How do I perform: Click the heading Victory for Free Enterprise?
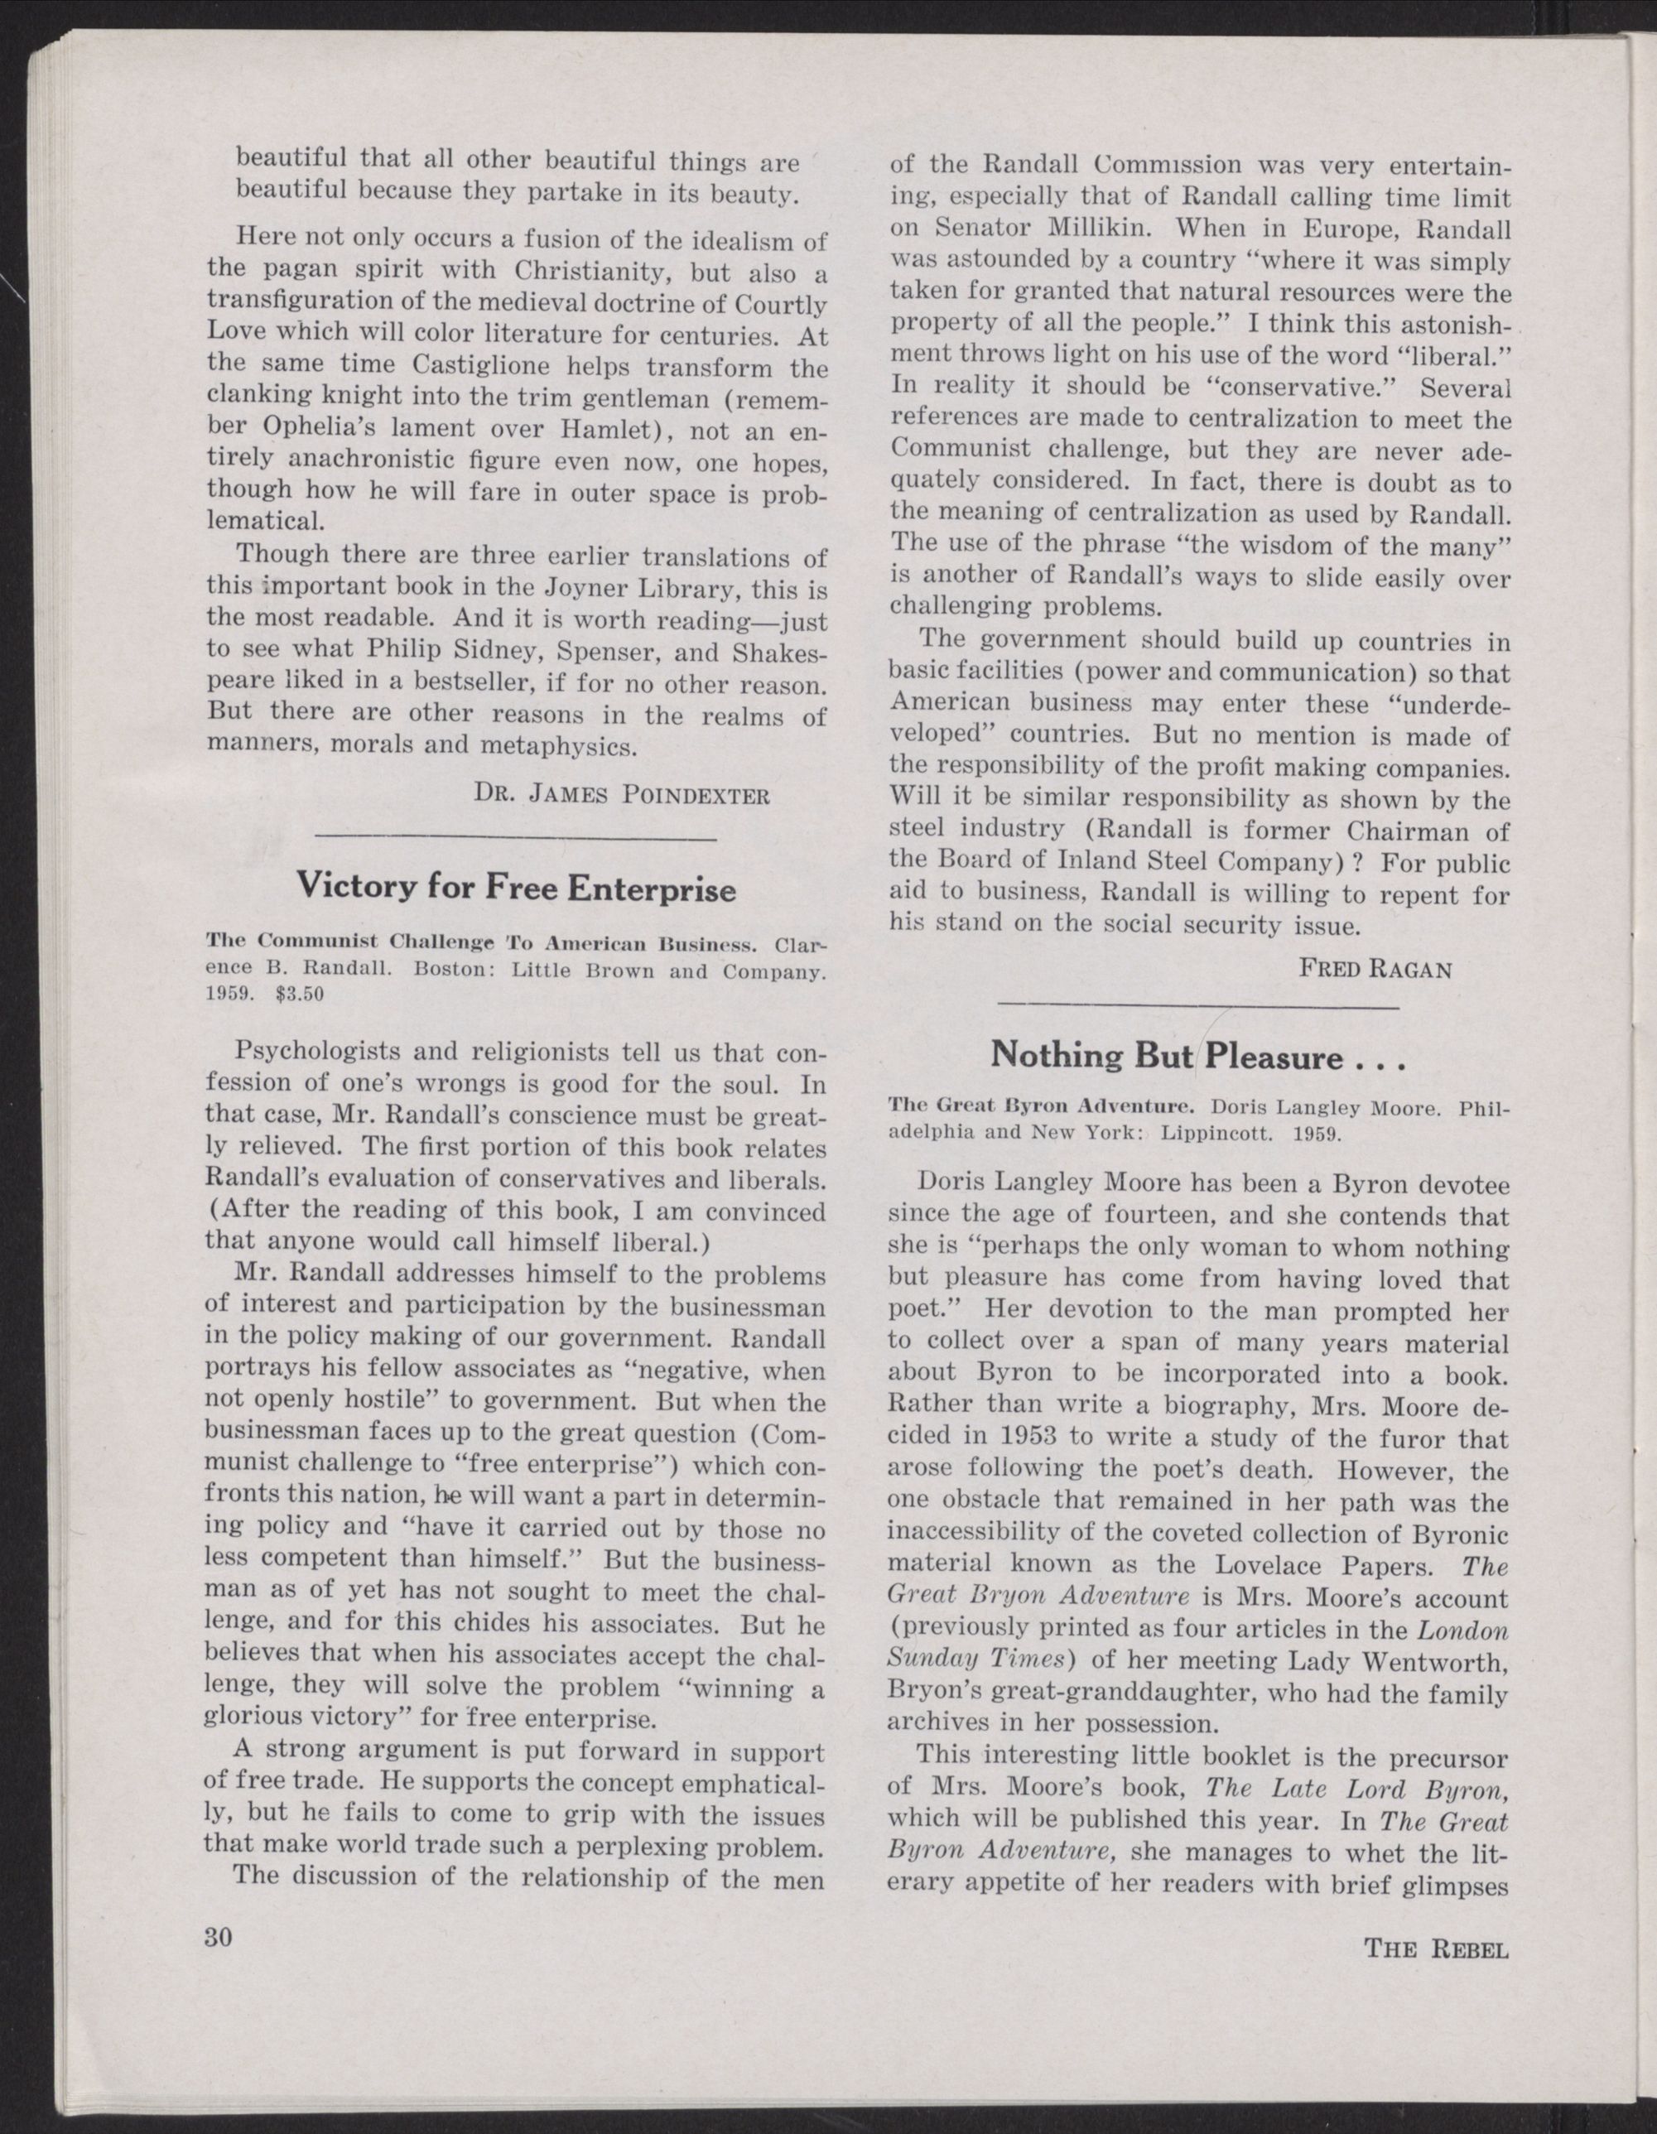(516, 889)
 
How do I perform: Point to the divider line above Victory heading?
(516, 838)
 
